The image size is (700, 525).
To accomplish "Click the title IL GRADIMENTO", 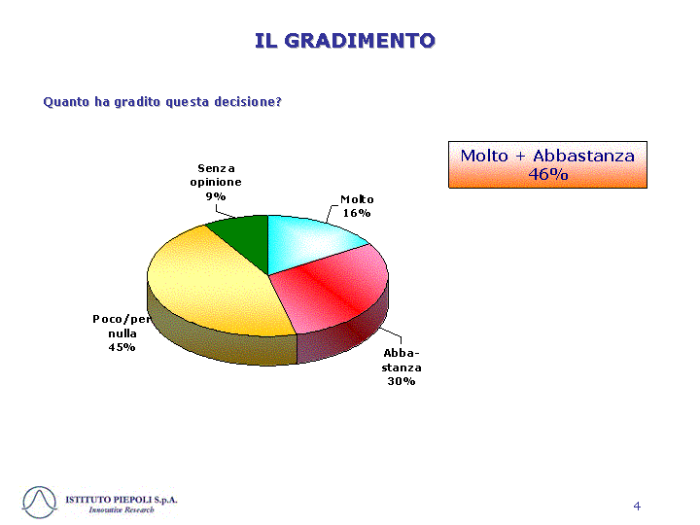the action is tap(344, 41).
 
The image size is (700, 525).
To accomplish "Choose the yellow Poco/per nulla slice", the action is tap(210, 286).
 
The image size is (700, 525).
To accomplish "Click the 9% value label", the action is tap(216, 196).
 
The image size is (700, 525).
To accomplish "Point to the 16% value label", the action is tap(356, 213).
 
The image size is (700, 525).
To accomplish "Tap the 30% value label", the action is tap(401, 381).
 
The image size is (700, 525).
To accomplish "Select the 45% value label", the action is tap(122, 347).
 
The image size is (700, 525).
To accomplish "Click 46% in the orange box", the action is tap(547, 174).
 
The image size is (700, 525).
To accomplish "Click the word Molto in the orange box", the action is tap(484, 156).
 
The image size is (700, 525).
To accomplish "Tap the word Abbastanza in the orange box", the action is tap(583, 156).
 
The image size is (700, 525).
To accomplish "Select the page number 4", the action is tap(637, 506).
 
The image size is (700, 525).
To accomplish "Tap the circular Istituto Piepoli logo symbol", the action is tap(39, 503).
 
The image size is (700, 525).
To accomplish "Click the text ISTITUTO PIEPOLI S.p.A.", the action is tap(122, 500).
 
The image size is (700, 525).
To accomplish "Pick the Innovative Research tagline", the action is tap(122, 509).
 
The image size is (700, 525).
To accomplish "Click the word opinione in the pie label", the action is tap(216, 182).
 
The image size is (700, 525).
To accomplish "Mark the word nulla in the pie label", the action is tap(122, 333).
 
